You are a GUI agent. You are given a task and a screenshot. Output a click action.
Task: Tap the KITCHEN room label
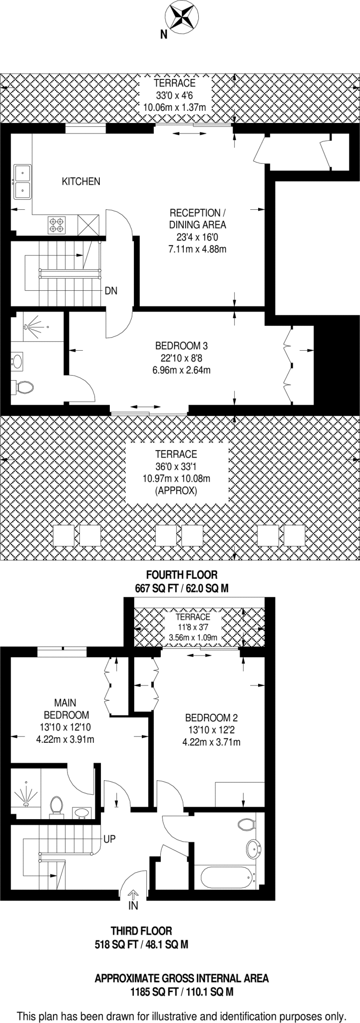(x=81, y=181)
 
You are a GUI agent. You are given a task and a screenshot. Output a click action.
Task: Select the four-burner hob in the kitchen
(x=56, y=224)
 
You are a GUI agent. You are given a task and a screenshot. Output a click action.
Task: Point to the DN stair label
(x=111, y=291)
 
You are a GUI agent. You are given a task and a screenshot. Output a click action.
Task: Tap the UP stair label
(x=109, y=839)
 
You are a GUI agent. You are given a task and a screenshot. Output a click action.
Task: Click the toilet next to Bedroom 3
(x=24, y=387)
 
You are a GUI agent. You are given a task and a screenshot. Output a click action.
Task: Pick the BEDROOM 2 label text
(x=211, y=718)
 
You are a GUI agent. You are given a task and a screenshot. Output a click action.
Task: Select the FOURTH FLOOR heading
(x=182, y=575)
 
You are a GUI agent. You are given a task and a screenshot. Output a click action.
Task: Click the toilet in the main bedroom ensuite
(x=56, y=805)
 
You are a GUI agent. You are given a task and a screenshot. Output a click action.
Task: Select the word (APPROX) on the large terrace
(x=176, y=491)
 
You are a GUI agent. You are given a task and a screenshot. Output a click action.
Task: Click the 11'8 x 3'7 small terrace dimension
(x=193, y=627)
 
